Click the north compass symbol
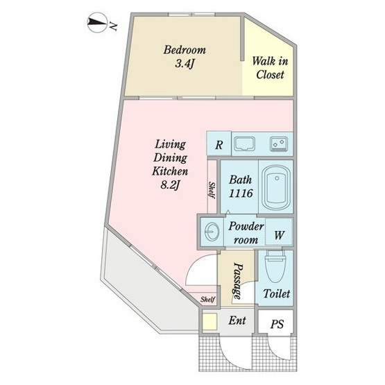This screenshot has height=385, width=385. pos(97,22)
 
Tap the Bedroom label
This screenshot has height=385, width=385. pos(185,50)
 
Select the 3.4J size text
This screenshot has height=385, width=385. pos(185,64)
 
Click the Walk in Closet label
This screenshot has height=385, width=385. pos(270,68)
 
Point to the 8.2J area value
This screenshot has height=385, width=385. pos(171,185)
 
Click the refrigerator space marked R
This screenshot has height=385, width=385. pos(219,145)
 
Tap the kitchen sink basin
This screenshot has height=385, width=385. pos(244,144)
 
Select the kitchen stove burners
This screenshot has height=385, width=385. pos(278,144)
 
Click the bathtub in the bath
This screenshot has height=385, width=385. pos(276,187)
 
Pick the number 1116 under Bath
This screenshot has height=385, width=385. pos(241,194)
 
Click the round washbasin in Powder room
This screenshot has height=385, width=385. pos(211,231)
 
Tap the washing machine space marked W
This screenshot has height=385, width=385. pos(279,234)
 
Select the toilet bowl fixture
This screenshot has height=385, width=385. pos(275,266)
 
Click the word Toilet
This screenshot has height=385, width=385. pos(277,293)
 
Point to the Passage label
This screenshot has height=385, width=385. pos(237,281)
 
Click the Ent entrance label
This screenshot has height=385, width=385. pos(237,320)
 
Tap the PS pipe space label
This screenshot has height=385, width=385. pos(277,324)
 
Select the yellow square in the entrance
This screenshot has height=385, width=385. pos(209,321)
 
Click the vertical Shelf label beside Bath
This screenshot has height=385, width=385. pos(212,190)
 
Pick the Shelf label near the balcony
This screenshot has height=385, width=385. pos(207,299)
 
